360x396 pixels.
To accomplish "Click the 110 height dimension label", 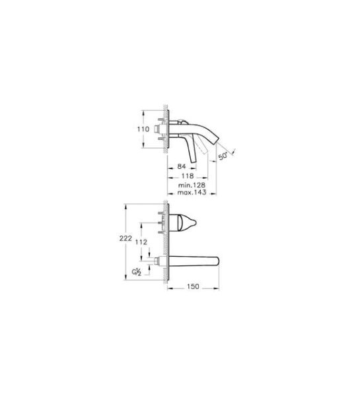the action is tap(143, 129).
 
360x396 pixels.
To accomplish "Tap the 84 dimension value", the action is tap(182, 166).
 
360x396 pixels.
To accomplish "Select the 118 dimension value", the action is tap(188, 176).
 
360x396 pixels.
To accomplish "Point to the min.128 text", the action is tap(192, 185).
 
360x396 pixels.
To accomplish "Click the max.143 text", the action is tap(192, 193).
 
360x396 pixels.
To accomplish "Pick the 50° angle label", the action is tap(223, 156).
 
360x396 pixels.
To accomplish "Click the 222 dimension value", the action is tap(126, 238).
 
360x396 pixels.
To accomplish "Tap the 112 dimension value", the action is tap(141, 242).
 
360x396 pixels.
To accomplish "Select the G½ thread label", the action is tap(137, 272).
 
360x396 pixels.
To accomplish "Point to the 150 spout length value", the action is tap(193, 286).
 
